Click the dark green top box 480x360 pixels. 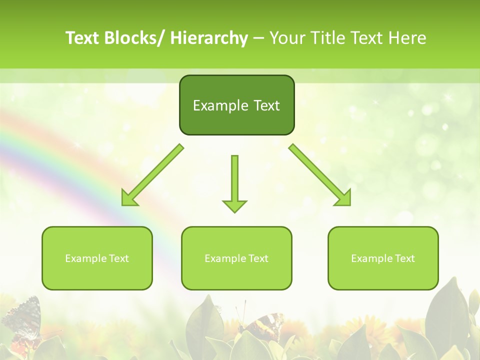[236, 105]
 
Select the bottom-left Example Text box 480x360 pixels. [97, 258]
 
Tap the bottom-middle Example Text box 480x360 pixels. [236, 258]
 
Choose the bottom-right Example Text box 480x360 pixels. [383, 258]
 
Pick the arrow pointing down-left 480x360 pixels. [152, 175]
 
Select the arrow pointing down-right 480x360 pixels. [320, 175]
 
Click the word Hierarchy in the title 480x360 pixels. [208, 38]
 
